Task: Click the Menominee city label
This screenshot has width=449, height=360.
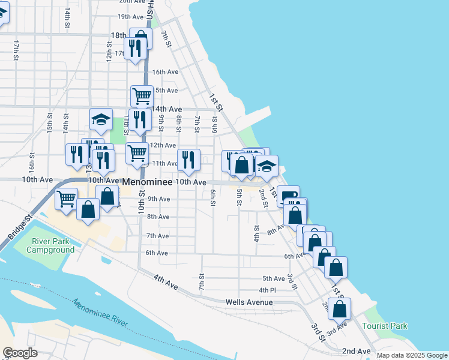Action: point(148,181)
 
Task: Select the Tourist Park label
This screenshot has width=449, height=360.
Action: point(385,326)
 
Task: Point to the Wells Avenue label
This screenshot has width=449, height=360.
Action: point(249,302)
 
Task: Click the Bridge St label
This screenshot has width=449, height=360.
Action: point(19,227)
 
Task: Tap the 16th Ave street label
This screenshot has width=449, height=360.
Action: point(165,72)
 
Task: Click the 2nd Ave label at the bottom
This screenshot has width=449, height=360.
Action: point(356,350)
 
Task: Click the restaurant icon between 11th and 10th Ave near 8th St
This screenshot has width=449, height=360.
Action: point(188,159)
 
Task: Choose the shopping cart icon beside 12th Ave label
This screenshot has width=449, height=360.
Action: point(137,153)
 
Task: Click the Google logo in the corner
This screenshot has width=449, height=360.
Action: point(20,353)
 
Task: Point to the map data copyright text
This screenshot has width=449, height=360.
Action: point(411,355)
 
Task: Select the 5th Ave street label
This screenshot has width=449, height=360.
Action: point(274,278)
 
